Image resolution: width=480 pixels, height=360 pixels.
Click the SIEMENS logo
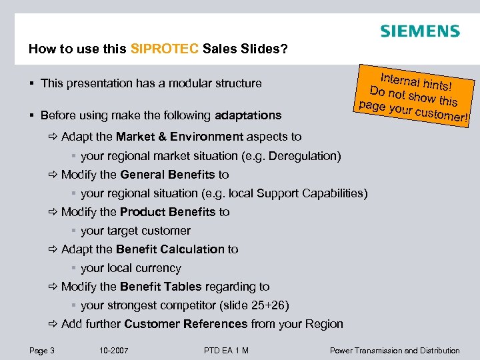[419, 31]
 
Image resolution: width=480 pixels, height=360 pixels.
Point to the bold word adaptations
[248, 115]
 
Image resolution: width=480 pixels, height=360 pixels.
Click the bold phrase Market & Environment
[180, 137]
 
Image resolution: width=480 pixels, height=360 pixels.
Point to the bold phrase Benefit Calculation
[170, 249]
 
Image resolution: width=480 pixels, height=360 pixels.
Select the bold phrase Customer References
[185, 324]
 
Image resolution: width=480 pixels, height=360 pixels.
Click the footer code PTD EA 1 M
[226, 350]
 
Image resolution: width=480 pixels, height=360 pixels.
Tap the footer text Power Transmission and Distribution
[395, 350]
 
